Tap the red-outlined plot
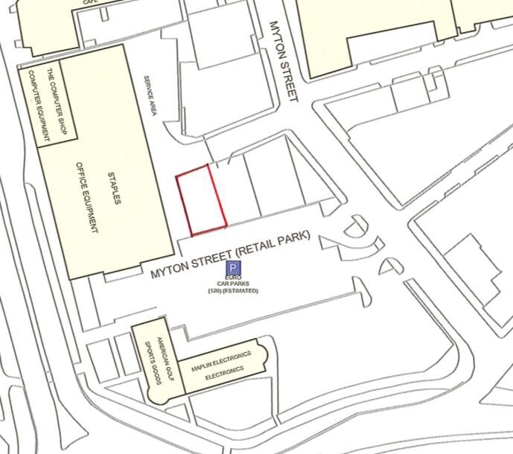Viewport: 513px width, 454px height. tap(201, 198)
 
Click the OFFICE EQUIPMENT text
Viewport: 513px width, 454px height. tap(89, 197)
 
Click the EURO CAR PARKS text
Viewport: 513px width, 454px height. tap(233, 281)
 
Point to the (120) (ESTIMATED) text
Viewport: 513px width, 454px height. tap(233, 290)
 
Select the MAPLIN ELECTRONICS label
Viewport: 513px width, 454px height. tap(220, 359)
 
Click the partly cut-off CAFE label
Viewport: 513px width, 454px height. tap(91, 2)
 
